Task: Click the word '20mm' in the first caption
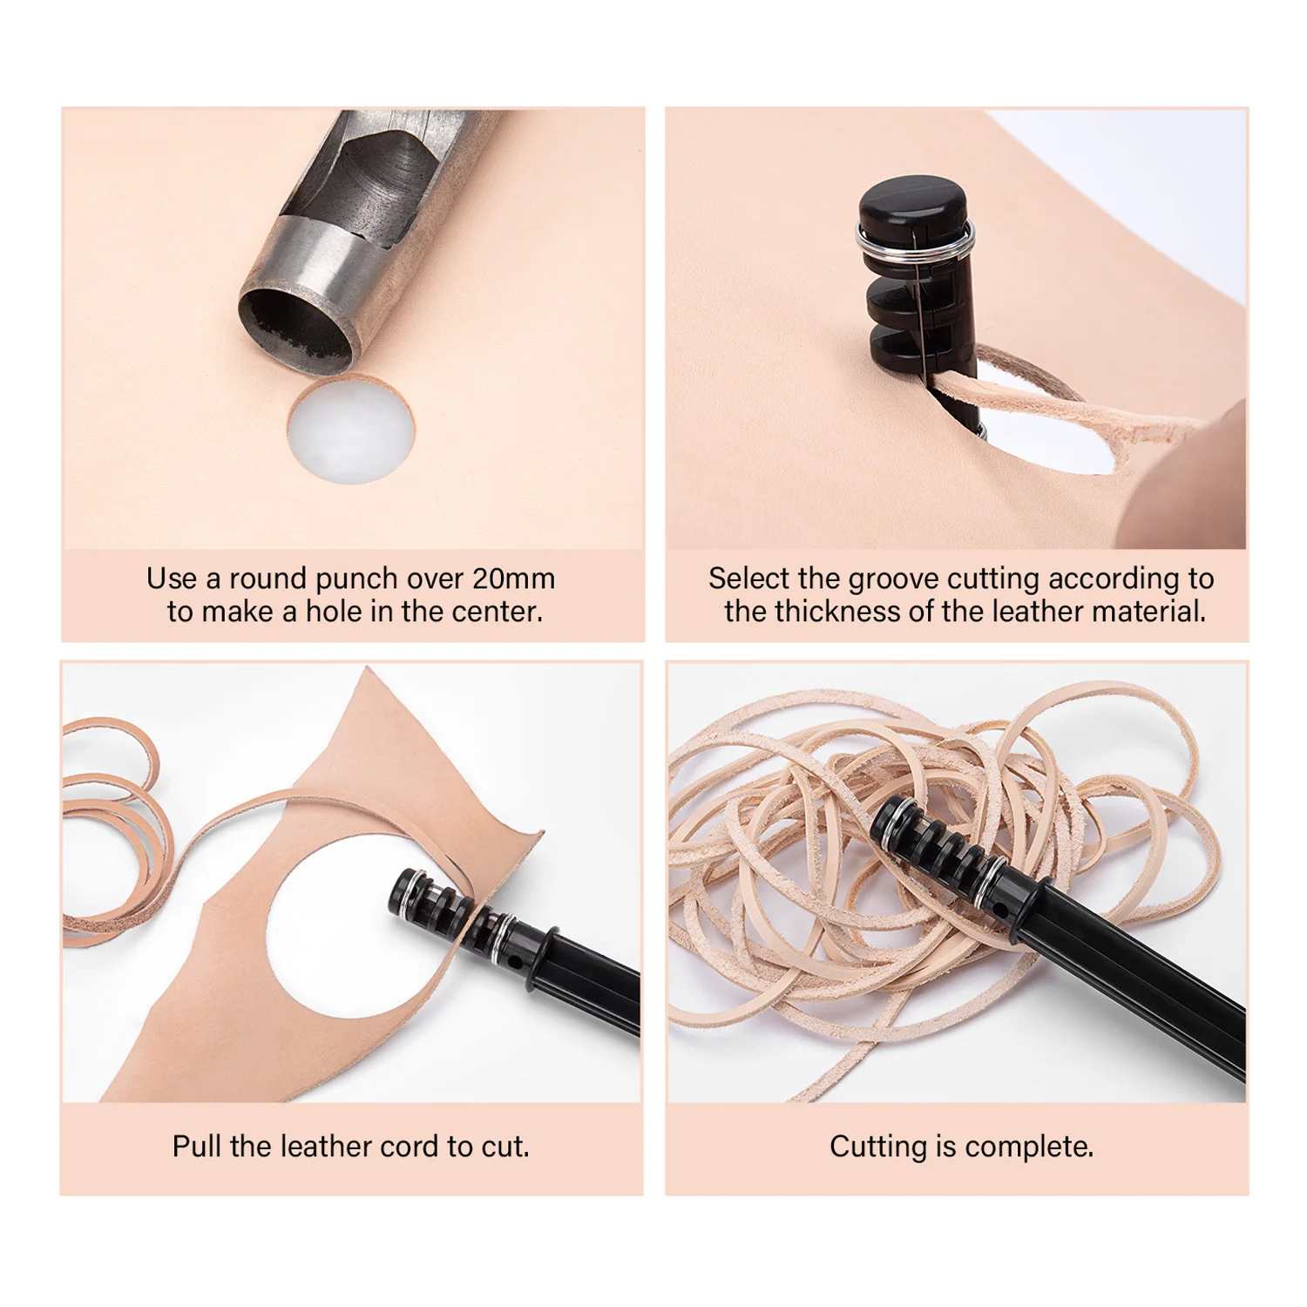513,579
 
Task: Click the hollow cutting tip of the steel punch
295,331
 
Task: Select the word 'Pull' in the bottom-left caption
197,1147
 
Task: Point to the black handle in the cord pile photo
1133,985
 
